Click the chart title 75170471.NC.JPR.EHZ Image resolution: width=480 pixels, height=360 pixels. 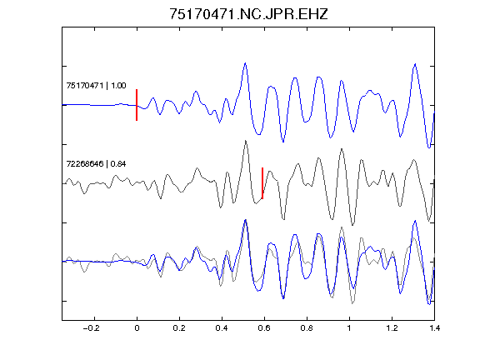248,14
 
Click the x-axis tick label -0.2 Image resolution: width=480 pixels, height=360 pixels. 92,328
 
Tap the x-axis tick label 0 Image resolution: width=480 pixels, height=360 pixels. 137,328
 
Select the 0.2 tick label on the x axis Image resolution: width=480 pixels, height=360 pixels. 179,328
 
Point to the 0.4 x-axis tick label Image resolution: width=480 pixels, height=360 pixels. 222,328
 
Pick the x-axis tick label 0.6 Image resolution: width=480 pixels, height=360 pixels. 264,328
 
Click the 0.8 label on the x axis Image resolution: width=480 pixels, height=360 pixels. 307,328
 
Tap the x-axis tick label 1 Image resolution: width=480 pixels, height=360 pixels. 349,328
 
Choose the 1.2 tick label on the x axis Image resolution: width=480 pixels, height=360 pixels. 392,328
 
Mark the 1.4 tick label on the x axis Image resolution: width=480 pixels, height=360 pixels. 434,328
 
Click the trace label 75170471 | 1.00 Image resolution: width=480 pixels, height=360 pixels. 96,85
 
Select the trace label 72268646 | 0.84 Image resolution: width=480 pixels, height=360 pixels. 96,164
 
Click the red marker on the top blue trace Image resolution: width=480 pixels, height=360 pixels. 137,105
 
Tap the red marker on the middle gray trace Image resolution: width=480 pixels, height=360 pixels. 262,183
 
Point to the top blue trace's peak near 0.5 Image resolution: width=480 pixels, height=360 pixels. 245,63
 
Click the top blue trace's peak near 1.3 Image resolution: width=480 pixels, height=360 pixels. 415,64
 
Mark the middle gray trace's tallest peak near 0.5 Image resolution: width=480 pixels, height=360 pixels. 246,141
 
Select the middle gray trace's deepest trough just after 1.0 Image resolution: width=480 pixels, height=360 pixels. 352,225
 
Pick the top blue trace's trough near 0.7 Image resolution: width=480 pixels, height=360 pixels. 283,142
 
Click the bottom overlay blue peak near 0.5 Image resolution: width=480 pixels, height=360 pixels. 245,220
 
